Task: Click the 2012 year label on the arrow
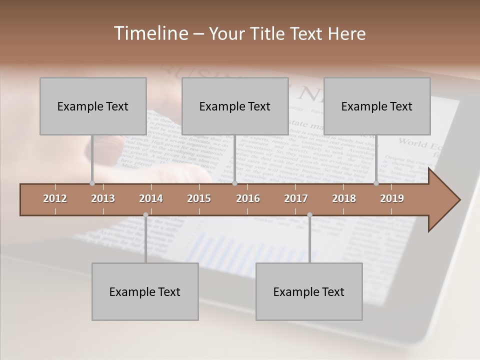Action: coord(55,198)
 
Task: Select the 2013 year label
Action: coord(103,198)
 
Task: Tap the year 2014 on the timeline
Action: coord(151,198)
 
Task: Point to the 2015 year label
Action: coord(199,198)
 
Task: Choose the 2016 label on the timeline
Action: coord(248,198)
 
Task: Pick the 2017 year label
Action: coord(296,198)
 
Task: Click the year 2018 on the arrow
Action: coord(344,198)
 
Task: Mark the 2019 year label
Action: coord(392,198)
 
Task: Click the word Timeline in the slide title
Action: coord(149,33)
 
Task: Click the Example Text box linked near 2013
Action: coord(93,106)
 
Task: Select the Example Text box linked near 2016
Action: coord(235,106)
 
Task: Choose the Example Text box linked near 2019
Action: coord(377,106)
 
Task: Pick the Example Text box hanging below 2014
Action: coord(145,291)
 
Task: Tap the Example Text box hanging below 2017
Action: coord(309,291)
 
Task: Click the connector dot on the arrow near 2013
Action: coord(92,183)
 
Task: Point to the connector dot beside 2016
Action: coord(235,183)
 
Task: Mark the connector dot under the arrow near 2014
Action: coord(145,215)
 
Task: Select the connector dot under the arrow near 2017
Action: coord(309,215)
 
